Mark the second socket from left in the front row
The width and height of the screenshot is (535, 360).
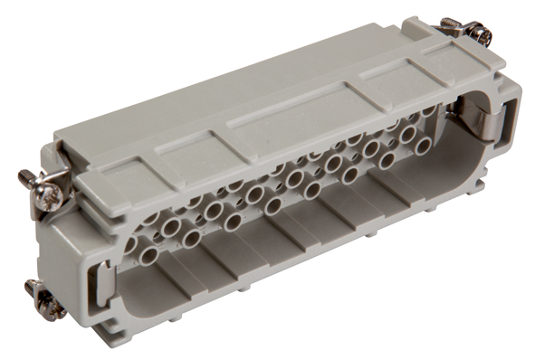[191, 239]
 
